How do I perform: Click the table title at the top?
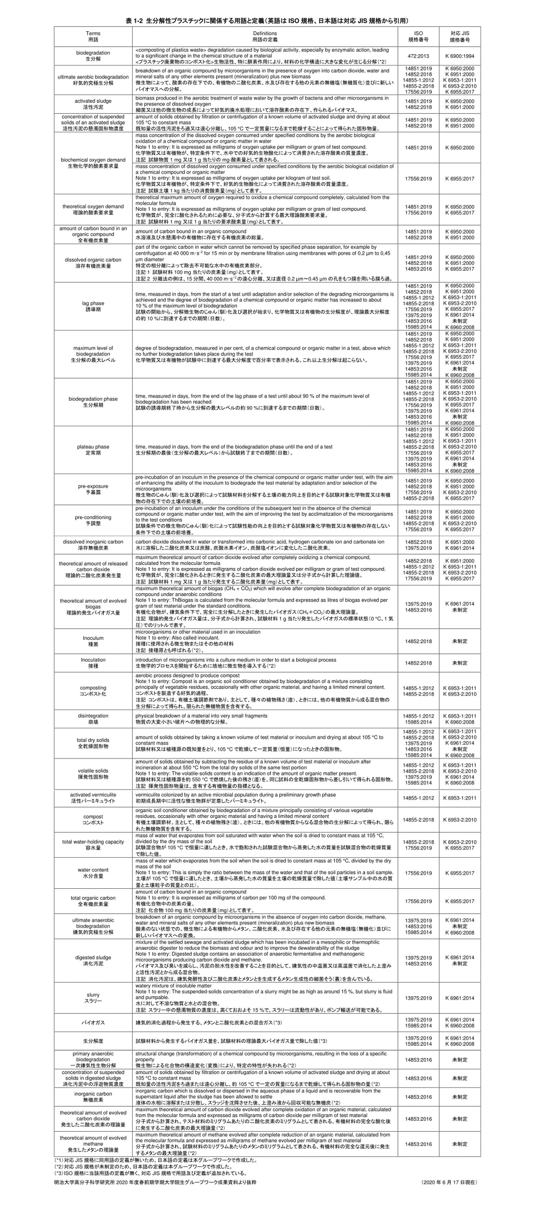click(267, 21)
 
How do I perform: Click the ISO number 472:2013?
click(418, 56)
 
